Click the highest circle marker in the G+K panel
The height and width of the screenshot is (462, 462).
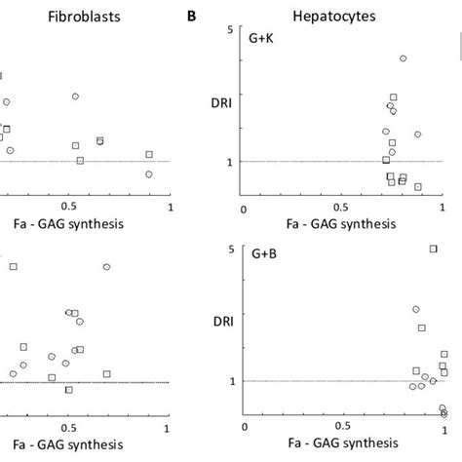point(403,58)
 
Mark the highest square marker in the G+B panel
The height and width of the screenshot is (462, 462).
point(434,249)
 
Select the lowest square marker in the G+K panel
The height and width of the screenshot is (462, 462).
point(417,186)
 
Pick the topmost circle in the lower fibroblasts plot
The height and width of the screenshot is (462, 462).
point(107,266)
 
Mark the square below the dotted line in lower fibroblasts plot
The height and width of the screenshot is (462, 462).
point(68,390)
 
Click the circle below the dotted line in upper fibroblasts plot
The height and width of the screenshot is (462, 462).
point(149,174)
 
